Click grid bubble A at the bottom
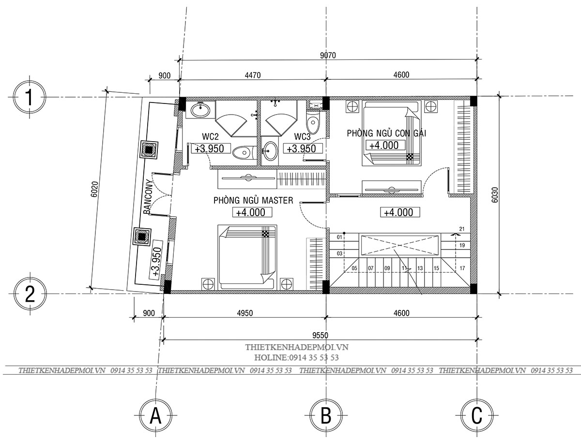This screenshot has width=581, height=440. click(x=155, y=416)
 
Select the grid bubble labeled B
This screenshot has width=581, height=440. click(x=326, y=416)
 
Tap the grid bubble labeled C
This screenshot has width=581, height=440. click(x=477, y=416)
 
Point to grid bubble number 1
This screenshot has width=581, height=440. click(x=30, y=97)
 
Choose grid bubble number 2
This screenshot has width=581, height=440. click(x=30, y=293)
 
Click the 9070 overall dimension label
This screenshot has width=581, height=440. click(x=328, y=55)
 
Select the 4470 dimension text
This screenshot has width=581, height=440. click(x=253, y=75)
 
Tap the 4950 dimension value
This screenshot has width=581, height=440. click(x=245, y=313)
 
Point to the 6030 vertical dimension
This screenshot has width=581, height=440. click(x=495, y=195)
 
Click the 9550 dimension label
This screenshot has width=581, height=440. click(x=321, y=336)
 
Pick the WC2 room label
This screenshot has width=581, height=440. click(x=211, y=137)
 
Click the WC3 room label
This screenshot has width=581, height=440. click(x=302, y=137)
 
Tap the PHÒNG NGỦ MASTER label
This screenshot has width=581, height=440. click(x=253, y=200)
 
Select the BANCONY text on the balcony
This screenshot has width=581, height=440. click(x=147, y=196)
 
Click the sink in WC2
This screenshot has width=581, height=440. click(x=200, y=110)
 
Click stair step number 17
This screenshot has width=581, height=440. click(x=462, y=268)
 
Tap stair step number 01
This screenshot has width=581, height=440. click(x=339, y=237)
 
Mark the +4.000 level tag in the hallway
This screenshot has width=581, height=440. click(x=400, y=212)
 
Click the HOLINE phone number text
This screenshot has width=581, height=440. click(x=296, y=357)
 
